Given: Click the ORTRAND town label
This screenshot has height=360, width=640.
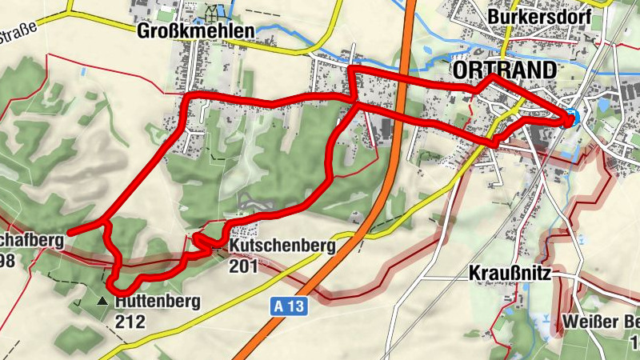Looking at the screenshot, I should tap(503, 70).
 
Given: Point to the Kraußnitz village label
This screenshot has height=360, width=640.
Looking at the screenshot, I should tap(509, 273).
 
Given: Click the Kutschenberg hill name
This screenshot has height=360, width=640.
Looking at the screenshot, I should tap(282, 246).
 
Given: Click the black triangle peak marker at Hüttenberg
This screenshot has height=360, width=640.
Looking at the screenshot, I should tap(102, 302).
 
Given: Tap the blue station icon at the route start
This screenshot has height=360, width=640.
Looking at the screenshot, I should tap(570, 117).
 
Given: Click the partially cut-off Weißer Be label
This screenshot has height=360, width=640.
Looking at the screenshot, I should tap(600, 322).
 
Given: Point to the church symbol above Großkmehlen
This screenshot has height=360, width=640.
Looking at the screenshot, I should tap(214, 14).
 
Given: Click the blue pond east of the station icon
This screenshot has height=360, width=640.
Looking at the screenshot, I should tap(601, 104).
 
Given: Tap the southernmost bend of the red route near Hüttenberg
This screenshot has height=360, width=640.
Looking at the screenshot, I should tap(120, 287).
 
